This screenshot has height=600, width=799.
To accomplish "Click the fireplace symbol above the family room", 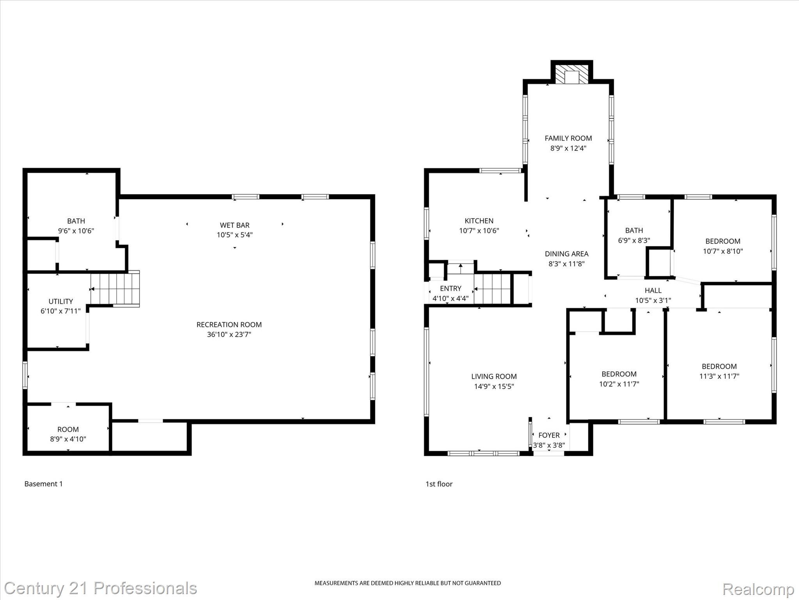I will pos(572,74).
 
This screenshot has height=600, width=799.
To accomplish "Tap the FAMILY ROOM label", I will pos(568,138).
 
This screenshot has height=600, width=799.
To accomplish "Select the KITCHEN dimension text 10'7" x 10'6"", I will pos(479,231).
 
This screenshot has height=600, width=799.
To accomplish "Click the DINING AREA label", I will pos(566,254).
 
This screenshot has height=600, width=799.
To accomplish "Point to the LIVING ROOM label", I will pos(494,377).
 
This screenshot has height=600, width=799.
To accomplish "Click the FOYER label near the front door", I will pos(549,435).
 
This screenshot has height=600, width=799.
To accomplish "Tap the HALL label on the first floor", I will pos(653,290).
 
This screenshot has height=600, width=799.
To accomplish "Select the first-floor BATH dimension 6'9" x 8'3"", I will pos(634,241).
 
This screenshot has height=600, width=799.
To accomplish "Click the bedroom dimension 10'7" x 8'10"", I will pos(723,252).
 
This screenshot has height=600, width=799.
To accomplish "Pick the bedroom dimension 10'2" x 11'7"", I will pos(619,384).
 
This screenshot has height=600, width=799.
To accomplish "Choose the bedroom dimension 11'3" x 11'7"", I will pos(719,377).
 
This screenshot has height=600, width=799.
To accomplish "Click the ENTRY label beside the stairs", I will pos(450,288).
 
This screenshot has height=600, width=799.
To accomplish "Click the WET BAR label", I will pos(234,225).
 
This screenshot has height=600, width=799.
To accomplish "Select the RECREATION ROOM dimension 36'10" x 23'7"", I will pos(229,335).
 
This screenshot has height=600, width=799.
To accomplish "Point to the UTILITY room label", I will pos(60,301).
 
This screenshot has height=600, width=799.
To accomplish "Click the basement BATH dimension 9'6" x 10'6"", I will pos(76,231).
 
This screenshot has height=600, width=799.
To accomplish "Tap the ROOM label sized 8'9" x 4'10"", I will pos(68,429).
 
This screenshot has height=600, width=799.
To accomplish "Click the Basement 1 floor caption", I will pos(43,484).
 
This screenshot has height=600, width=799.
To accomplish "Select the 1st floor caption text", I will pos(439,484).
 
